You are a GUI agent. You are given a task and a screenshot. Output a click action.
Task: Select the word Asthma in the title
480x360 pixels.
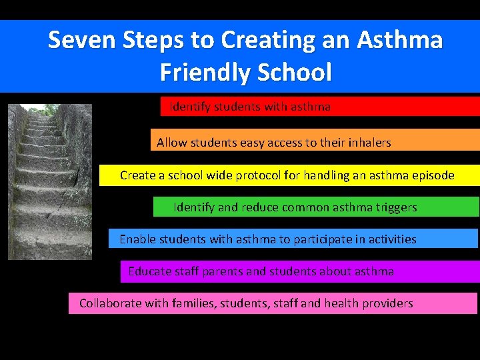(399, 40)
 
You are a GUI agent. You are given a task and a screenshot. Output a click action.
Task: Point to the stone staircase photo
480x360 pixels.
(50, 181)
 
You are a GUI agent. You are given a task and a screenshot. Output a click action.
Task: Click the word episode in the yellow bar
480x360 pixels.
(432, 176)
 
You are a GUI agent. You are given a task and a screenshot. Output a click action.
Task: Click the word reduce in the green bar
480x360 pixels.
(256, 207)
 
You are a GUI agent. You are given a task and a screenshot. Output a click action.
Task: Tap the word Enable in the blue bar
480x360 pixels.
(137, 239)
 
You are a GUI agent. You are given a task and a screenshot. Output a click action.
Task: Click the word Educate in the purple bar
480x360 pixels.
(150, 271)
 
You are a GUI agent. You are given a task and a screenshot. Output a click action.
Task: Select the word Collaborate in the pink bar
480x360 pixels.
(110, 303)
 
